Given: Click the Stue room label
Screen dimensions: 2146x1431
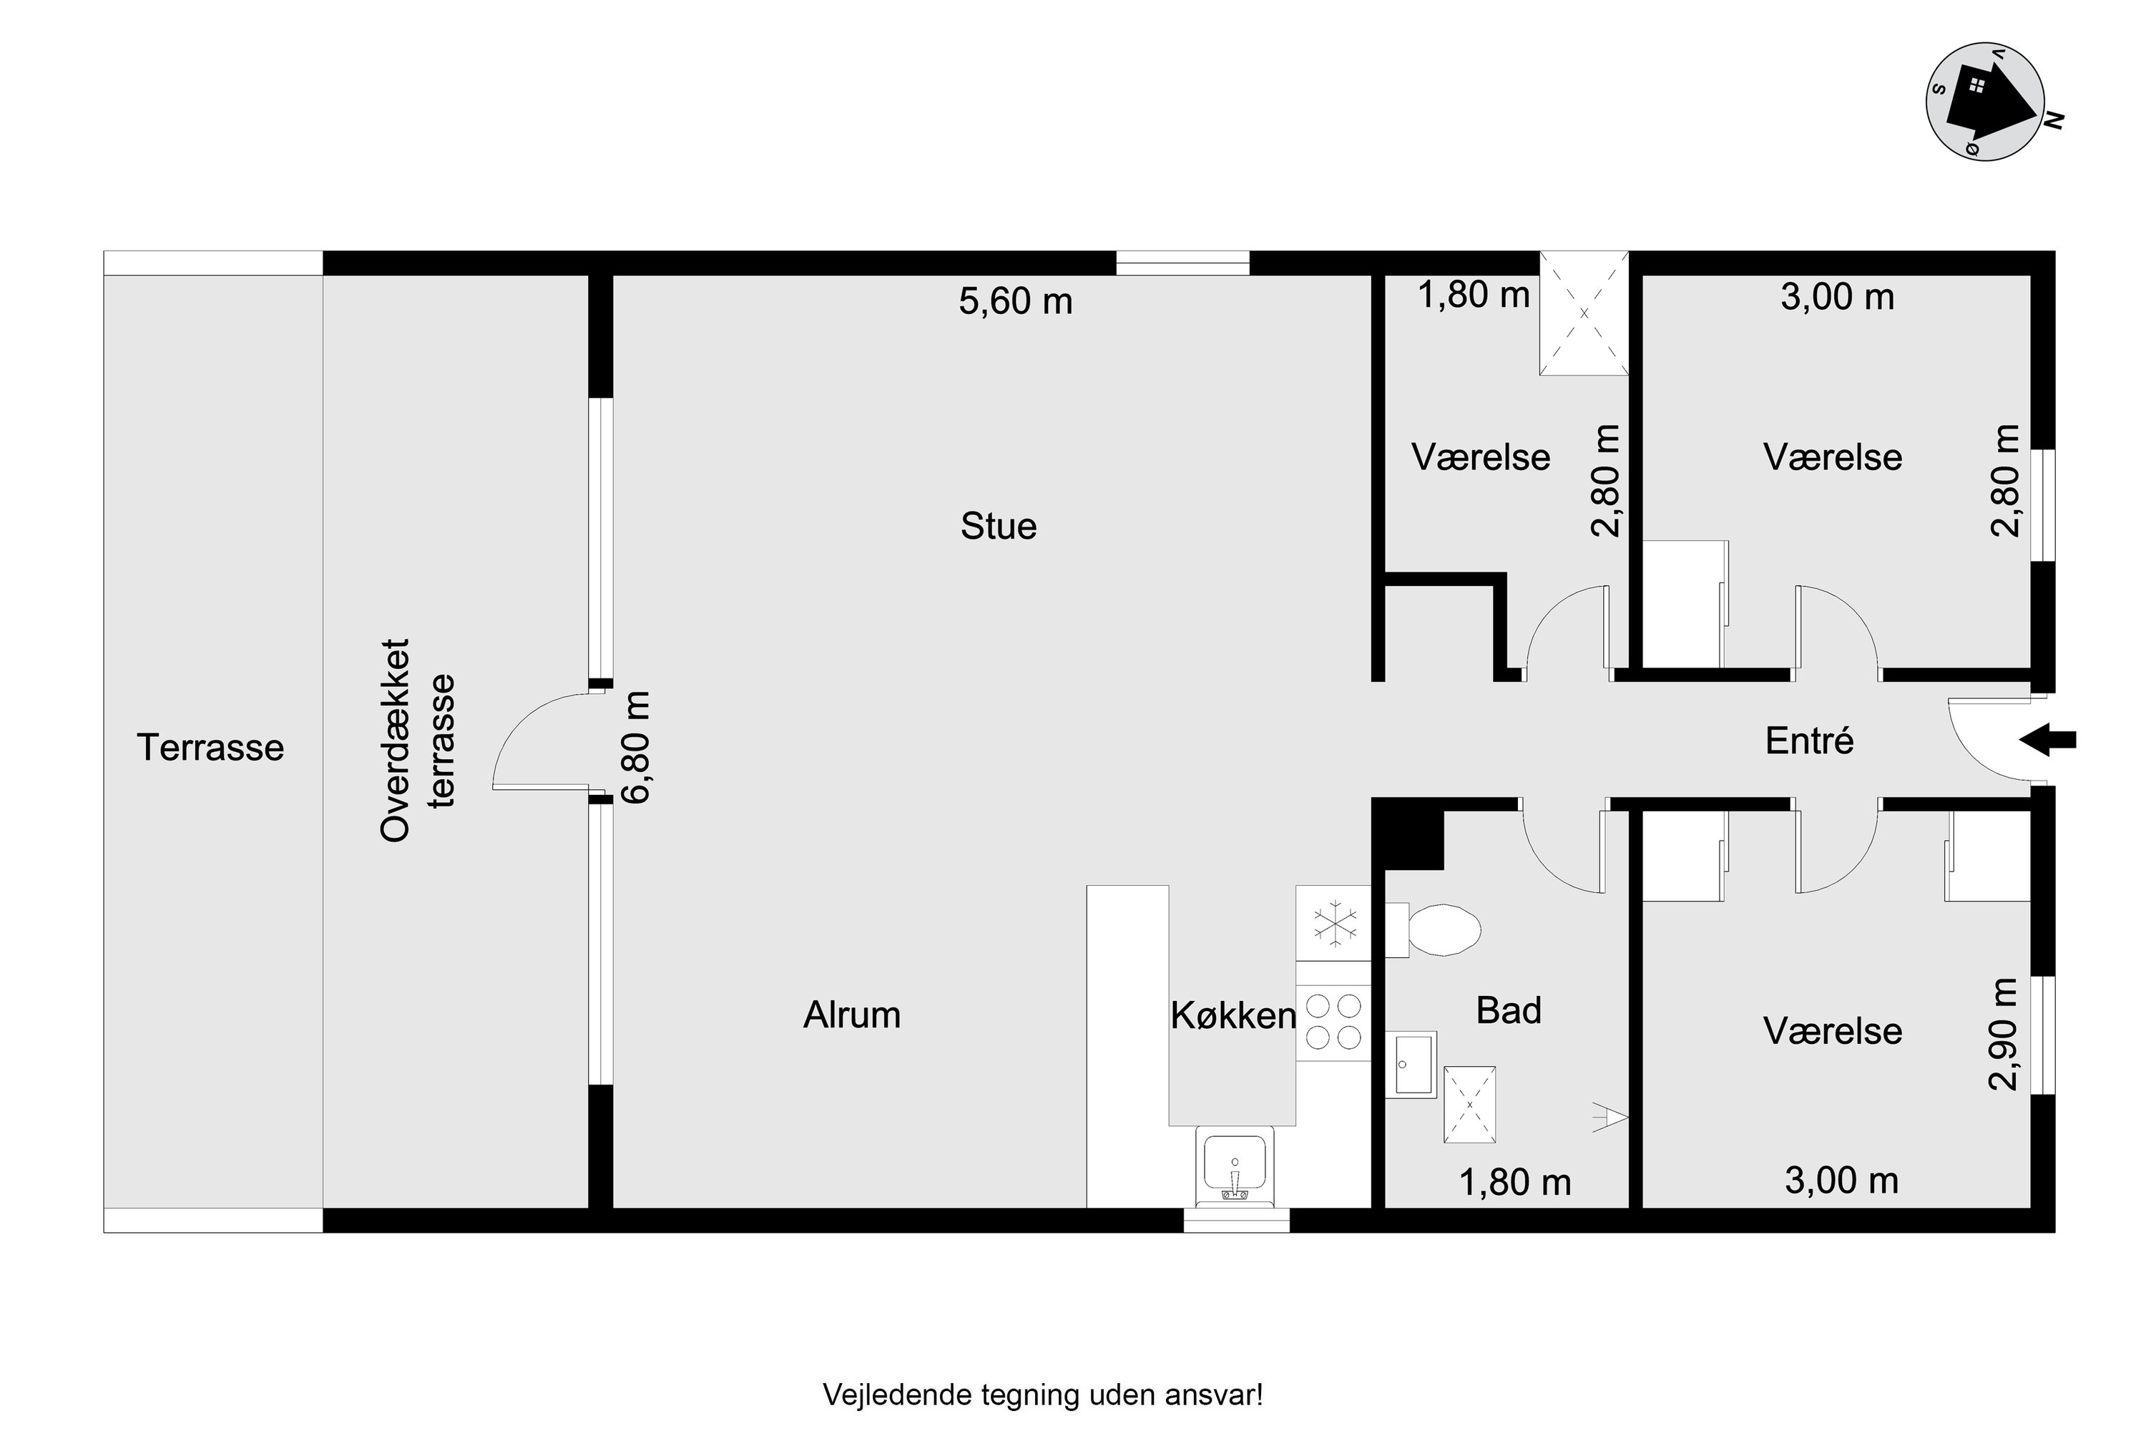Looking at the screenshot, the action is tap(998, 527).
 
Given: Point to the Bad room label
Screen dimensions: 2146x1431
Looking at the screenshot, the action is tap(1509, 1010).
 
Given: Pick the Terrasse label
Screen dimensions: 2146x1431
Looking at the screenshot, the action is tap(211, 748).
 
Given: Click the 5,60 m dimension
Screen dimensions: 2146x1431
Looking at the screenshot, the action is tap(1016, 301).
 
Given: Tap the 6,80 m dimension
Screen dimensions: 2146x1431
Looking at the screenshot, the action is tap(635, 748).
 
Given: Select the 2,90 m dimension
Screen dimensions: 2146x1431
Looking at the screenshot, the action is tap(2003, 1034).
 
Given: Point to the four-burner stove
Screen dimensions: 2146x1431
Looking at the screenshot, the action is tap(1333, 1023).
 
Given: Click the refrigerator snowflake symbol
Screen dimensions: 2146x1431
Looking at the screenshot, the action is tap(1334, 924).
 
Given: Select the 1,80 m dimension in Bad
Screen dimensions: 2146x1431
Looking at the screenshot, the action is tap(1516, 1183).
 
